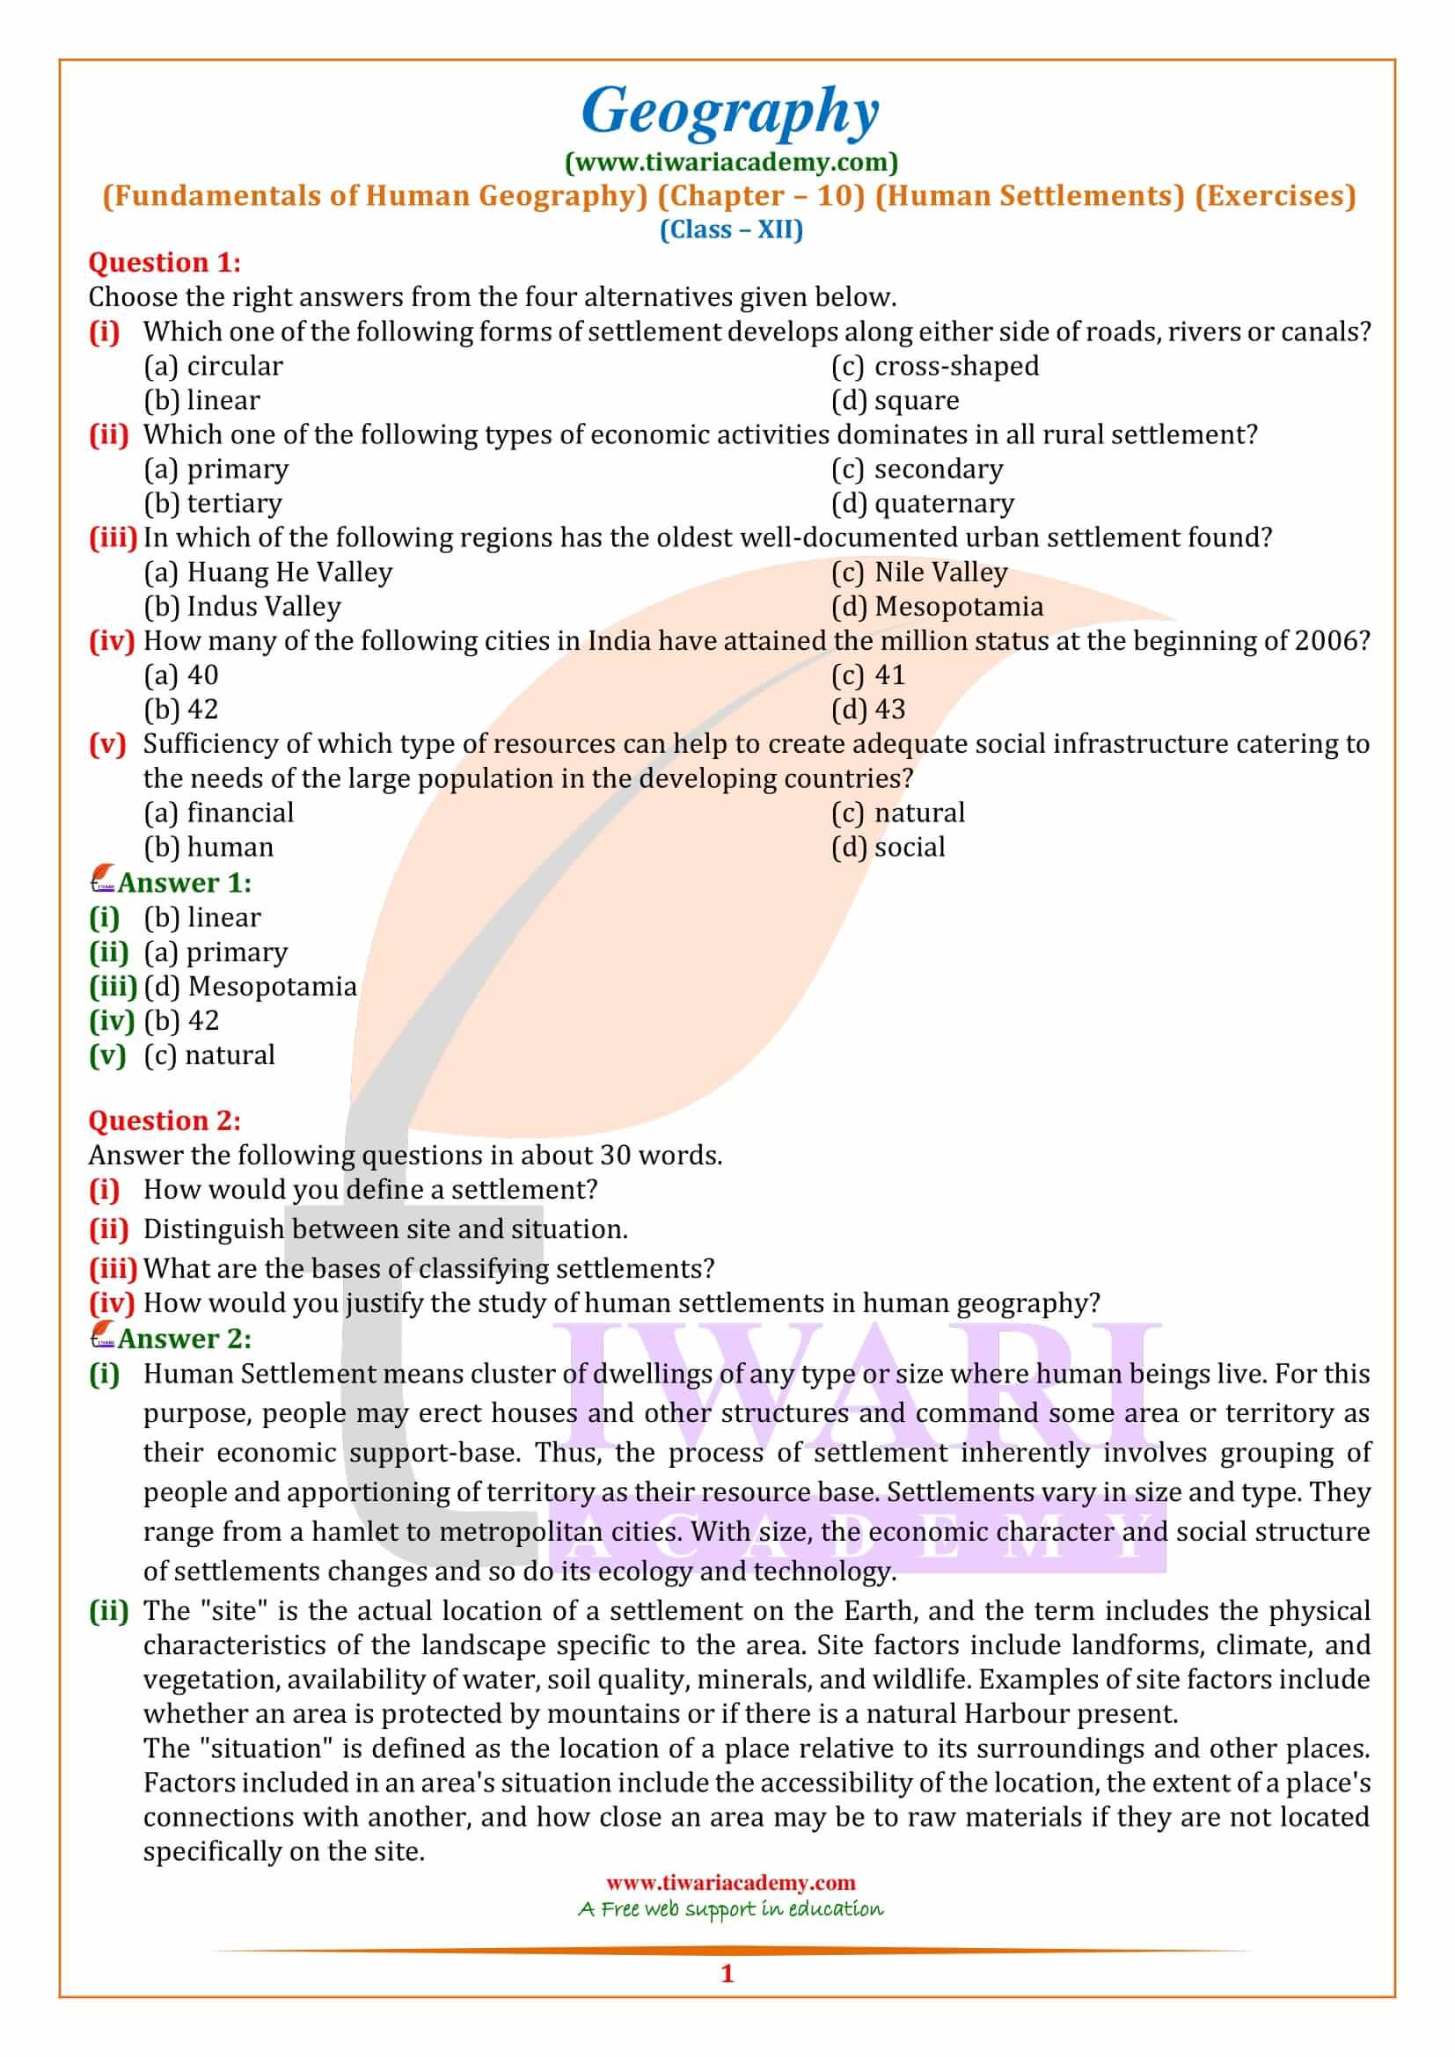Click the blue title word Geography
(730, 111)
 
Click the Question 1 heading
(164, 262)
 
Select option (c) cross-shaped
(934, 367)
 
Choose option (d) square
(894, 400)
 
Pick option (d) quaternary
(922, 504)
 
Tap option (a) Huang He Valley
(268, 573)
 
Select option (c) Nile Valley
(918, 573)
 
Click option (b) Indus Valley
(242, 607)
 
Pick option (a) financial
(219, 813)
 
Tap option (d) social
(887, 848)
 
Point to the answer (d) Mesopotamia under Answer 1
(250, 987)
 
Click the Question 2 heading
(164, 1120)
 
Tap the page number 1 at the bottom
(727, 1973)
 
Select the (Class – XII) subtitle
(730, 230)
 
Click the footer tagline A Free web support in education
(730, 1909)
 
